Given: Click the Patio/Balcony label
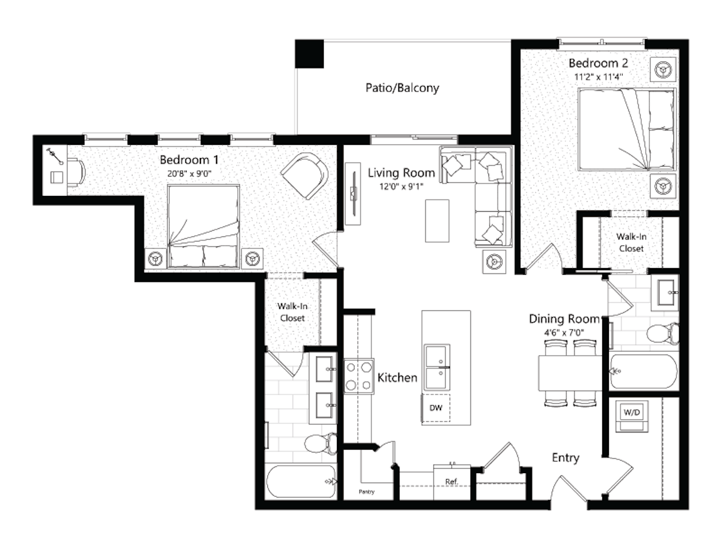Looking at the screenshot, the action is click(403, 88).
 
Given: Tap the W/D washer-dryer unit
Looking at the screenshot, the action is click(632, 415).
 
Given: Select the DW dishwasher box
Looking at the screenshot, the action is click(436, 408).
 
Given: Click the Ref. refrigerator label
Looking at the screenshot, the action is click(452, 481).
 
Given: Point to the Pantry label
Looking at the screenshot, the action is click(366, 492).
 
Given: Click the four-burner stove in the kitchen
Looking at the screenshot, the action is click(359, 376).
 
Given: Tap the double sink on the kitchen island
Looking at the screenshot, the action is click(437, 367).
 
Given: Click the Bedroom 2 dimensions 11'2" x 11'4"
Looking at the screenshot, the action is click(599, 77).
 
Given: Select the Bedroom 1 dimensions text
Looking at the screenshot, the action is click(189, 174).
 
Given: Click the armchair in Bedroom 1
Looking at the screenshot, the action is click(304, 176).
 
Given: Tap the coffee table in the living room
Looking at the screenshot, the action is click(437, 221).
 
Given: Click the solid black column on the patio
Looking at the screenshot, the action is click(309, 54).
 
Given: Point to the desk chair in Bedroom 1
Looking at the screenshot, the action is click(76, 173).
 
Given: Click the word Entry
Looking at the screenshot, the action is click(566, 458).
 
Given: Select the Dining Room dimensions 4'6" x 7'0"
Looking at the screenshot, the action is click(564, 333).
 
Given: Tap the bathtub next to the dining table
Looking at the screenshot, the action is click(644, 371).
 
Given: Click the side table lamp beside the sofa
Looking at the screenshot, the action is click(494, 262).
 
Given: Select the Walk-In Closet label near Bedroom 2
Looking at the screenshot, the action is click(631, 242).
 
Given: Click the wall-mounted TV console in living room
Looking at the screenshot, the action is click(353, 194).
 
